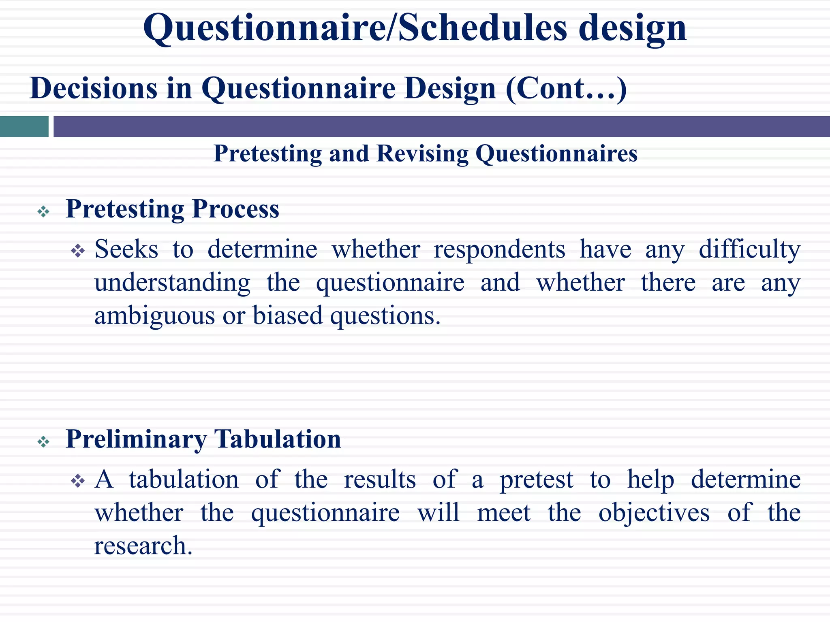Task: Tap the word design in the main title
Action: (x=632, y=28)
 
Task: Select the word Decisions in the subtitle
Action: (x=93, y=88)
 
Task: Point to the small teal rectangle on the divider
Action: (x=24, y=126)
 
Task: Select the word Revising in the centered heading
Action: (x=421, y=153)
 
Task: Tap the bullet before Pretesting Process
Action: (x=43, y=211)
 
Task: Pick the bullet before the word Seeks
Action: (x=77, y=251)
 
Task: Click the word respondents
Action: (x=499, y=249)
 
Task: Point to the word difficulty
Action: (x=749, y=249)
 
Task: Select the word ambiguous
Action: (x=154, y=316)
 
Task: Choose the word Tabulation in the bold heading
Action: (x=278, y=439)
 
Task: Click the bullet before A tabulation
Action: (x=77, y=481)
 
